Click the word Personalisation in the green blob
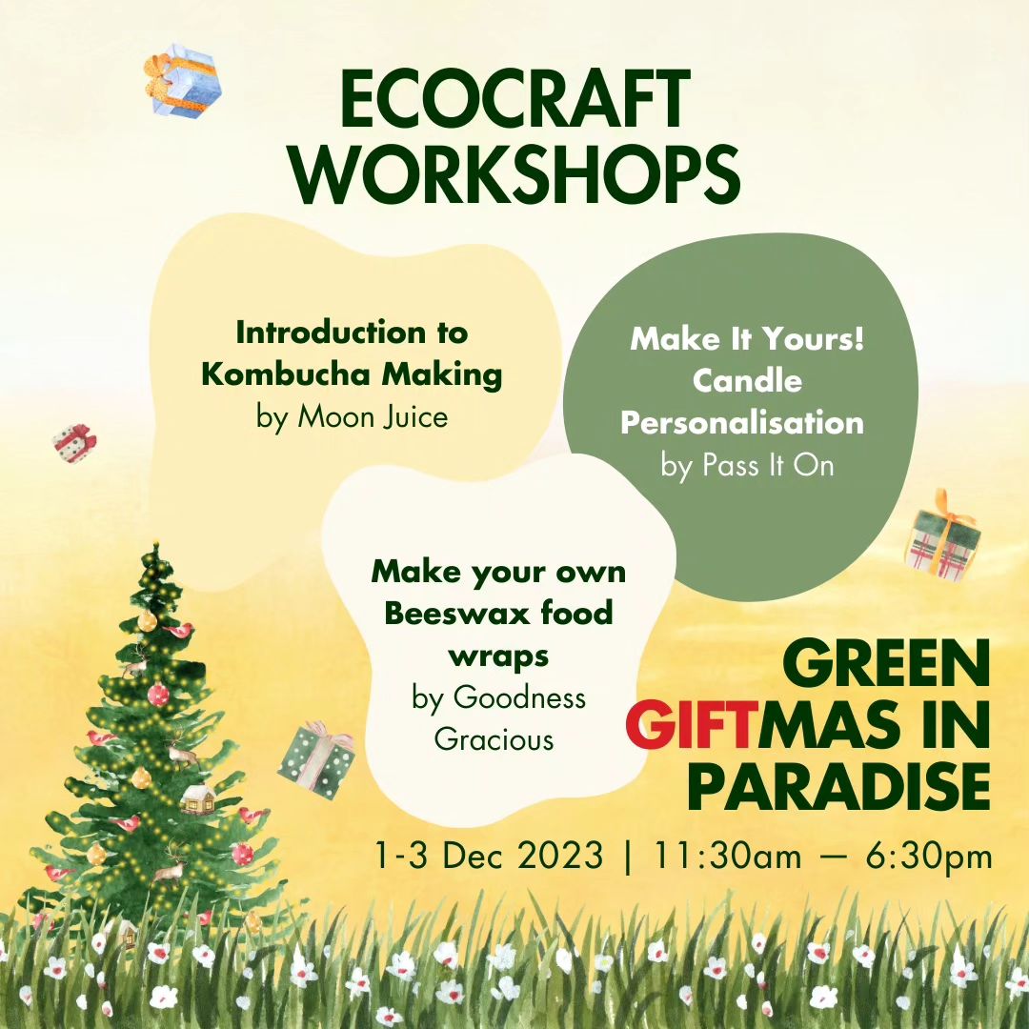point(742,423)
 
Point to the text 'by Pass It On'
point(747,466)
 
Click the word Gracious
point(494,739)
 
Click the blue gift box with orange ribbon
point(184,81)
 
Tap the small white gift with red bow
point(74,444)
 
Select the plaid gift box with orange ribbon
point(942,536)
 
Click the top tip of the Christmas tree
point(155,544)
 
